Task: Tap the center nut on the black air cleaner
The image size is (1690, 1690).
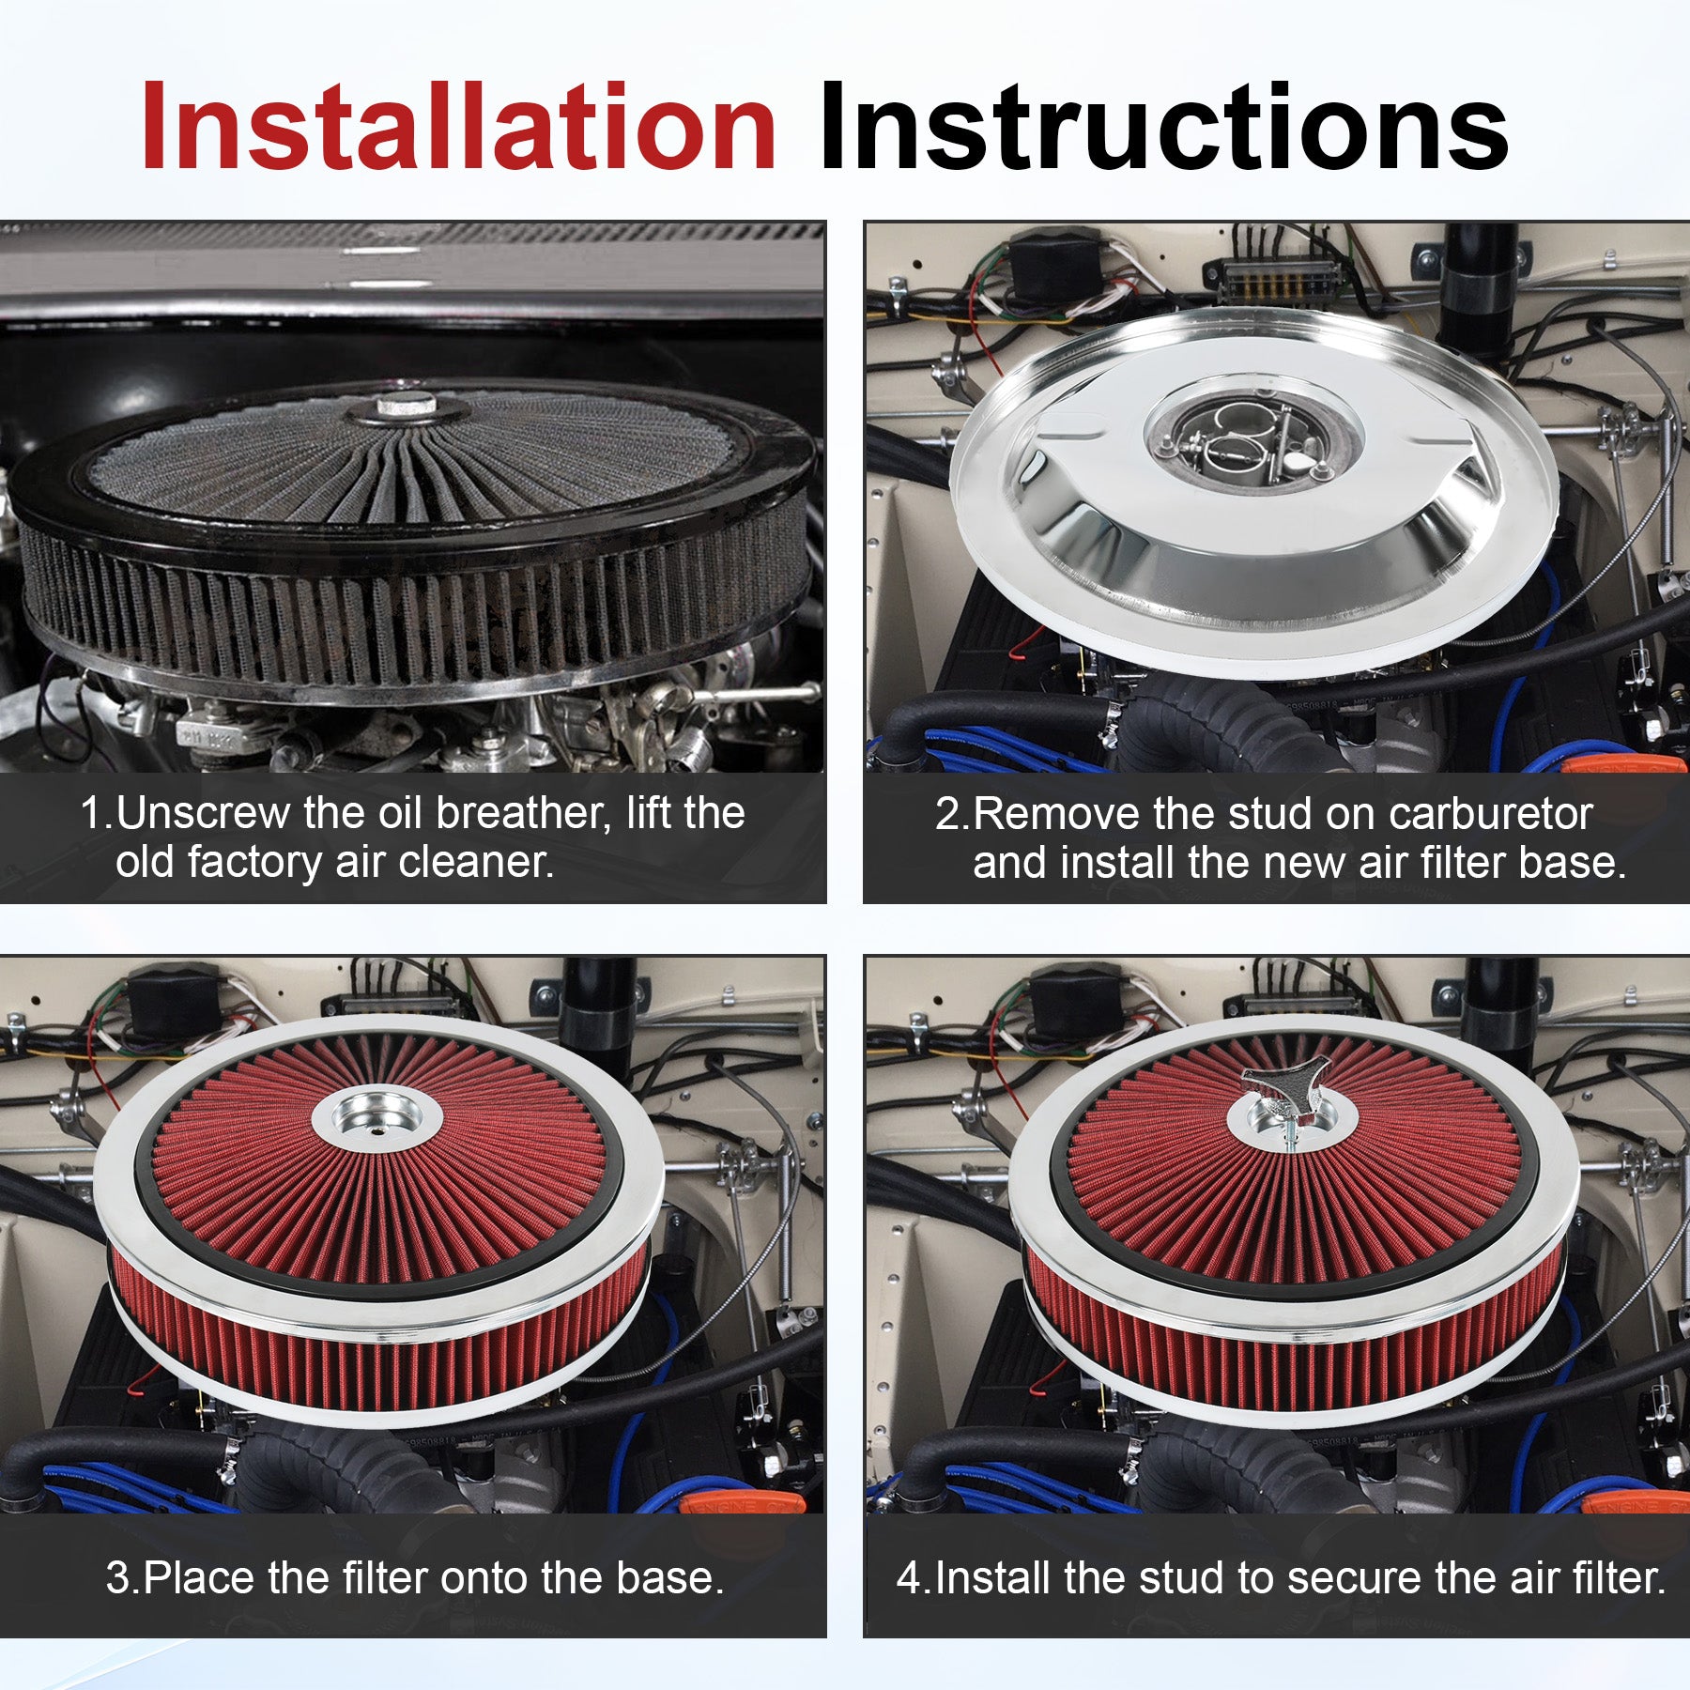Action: click(407, 407)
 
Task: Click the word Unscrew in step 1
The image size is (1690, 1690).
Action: click(203, 813)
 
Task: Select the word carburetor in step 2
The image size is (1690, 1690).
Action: click(1491, 814)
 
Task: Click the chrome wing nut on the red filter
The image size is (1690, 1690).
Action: click(1279, 1094)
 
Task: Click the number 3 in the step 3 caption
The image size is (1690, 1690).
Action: click(117, 1577)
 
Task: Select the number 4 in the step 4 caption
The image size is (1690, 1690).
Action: click(909, 1577)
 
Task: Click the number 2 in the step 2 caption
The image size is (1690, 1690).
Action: click(946, 814)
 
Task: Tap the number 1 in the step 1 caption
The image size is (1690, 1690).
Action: click(91, 813)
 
